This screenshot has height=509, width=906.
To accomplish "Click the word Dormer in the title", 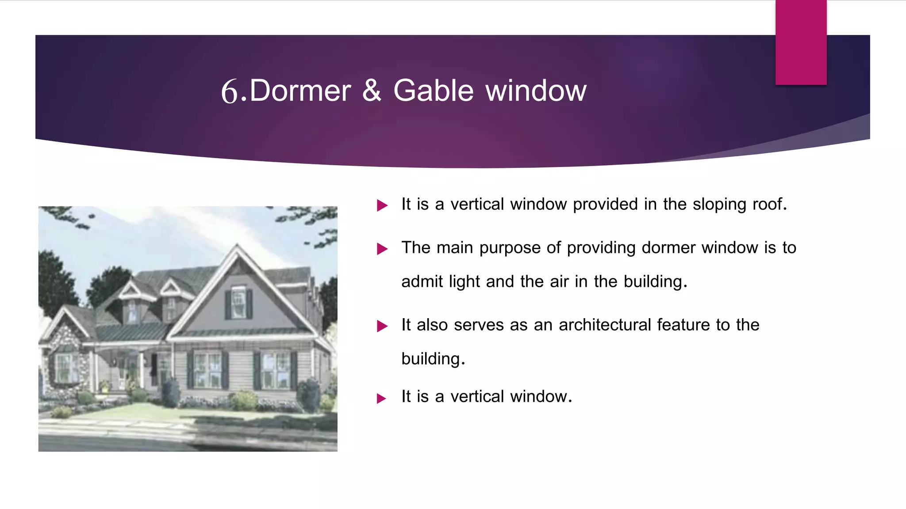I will pyautogui.click(x=300, y=91).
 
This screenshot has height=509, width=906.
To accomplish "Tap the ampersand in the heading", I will pyautogui.click(x=372, y=91).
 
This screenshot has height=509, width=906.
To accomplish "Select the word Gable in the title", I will pyautogui.click(x=433, y=91).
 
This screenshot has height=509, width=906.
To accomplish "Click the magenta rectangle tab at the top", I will pyautogui.click(x=801, y=42).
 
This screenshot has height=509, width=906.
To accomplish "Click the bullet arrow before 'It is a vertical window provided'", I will pyautogui.click(x=382, y=205).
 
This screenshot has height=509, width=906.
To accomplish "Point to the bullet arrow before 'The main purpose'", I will pyautogui.click(x=382, y=249).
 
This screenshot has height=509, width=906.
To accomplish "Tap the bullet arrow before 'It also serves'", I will pyautogui.click(x=382, y=326).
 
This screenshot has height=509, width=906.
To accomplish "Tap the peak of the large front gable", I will pyautogui.click(x=238, y=245).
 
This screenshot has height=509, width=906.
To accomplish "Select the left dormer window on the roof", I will pyautogui.click(x=132, y=311).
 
